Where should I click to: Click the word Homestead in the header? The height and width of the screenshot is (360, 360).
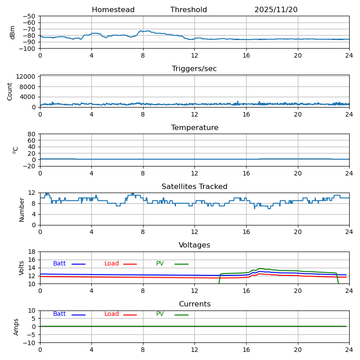point(113,10)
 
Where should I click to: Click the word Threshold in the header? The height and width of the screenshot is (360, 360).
point(189,10)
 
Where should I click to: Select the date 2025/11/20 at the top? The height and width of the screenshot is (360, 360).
point(276,10)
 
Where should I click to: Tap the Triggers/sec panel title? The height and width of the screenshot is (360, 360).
point(194,69)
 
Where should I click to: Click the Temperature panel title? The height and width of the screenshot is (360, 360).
point(194,128)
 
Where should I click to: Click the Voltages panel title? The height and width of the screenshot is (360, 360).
point(194,245)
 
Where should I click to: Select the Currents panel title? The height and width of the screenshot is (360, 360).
point(194,304)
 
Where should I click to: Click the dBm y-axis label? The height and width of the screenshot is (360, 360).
point(13,32)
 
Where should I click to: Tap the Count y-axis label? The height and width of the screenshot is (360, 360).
point(10,91)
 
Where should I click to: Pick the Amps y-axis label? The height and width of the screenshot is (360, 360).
point(16,327)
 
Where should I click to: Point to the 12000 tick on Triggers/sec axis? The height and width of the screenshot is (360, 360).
point(26,77)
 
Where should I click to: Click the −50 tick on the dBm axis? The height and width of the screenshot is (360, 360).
point(29,16)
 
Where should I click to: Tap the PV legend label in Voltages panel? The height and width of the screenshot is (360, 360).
point(160,264)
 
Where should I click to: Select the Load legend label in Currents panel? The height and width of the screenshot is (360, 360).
point(112,314)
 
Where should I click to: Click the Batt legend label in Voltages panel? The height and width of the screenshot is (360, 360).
point(59,264)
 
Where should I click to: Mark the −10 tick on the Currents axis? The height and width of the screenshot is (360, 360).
point(29,343)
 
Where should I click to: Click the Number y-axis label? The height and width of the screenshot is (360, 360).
point(22,209)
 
